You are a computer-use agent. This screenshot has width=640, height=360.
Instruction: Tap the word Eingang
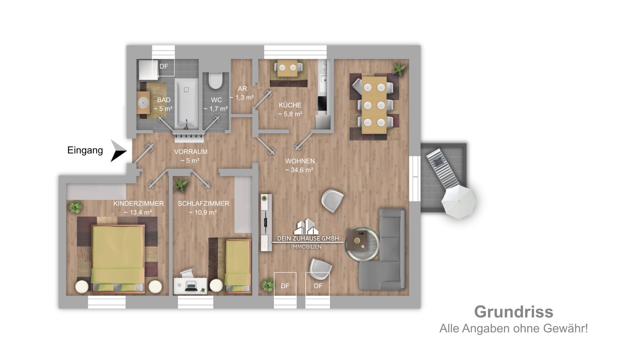click(85, 151)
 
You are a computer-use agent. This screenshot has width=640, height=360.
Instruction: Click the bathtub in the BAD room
click(187, 104)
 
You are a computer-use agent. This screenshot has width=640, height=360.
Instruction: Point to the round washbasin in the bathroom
click(144, 103)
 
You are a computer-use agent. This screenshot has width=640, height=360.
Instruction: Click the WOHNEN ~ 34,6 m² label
click(300, 165)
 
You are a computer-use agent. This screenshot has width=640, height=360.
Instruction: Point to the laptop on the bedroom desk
click(191, 286)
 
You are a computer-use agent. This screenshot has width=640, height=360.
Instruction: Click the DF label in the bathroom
click(163, 66)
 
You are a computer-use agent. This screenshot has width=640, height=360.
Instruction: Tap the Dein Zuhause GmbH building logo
click(308, 227)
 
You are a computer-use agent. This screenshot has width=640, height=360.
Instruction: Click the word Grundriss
click(514, 312)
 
